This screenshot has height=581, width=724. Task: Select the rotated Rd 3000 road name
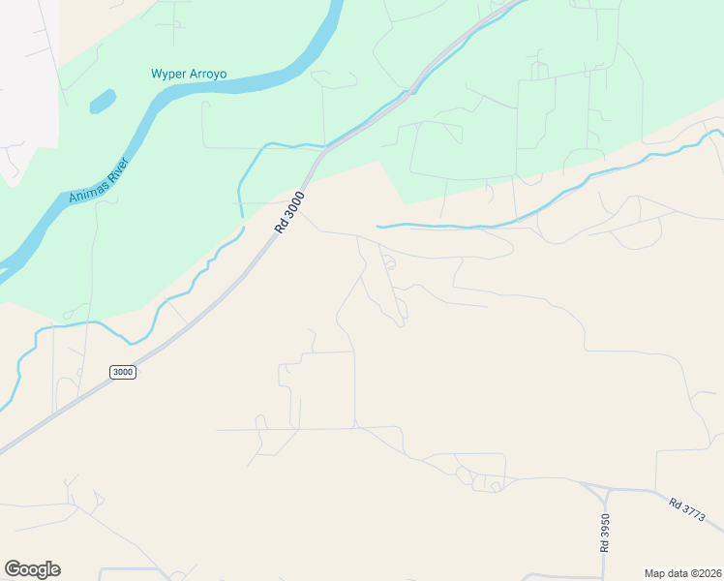[x=289, y=211]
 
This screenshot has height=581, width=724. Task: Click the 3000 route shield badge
[x=123, y=372]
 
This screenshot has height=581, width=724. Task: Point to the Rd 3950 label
[x=605, y=532]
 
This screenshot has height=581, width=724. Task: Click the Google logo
[x=32, y=569]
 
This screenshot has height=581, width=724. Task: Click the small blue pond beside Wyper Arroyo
[x=103, y=101]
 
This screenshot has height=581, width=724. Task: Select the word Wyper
[x=168, y=74]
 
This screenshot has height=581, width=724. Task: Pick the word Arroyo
[x=211, y=74]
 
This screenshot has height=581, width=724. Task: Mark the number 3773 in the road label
[x=694, y=515]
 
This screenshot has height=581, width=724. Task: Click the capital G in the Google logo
[x=13, y=568]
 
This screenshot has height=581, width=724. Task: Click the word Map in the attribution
[x=655, y=572]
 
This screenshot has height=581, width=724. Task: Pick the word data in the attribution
[x=678, y=572]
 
